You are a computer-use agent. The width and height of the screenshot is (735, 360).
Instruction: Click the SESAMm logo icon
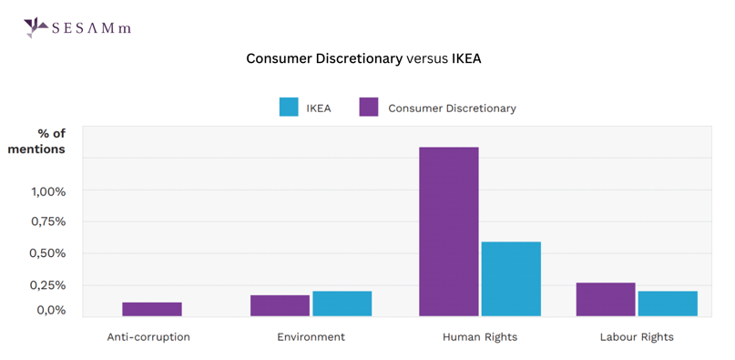[36, 27]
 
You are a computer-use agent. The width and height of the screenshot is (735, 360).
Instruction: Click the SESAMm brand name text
[92, 28]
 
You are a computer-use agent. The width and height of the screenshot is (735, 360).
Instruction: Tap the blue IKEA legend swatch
[289, 108]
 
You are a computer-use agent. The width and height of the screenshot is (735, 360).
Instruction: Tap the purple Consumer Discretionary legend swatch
[368, 108]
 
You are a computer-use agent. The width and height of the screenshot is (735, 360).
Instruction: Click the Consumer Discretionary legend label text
[452, 108]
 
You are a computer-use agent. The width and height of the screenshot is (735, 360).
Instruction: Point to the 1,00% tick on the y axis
[49, 191]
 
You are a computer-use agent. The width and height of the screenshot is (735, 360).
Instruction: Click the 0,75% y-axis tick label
[49, 221]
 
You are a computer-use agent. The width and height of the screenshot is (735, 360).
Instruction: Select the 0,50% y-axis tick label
[49, 253]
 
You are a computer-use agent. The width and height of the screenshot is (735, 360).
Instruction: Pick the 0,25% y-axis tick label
[49, 284]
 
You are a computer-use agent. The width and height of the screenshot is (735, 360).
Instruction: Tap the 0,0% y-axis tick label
[51, 310]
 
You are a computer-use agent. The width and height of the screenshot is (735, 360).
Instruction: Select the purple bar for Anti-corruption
[152, 309]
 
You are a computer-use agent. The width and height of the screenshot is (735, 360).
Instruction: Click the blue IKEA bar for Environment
[342, 303]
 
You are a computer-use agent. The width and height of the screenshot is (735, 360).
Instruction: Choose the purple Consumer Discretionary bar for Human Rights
[448, 231]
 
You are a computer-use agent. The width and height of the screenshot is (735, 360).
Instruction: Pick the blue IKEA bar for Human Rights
[511, 279]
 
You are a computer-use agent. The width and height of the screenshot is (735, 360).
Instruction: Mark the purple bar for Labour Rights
[606, 299]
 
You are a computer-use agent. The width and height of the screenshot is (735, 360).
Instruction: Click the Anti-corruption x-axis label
[148, 337]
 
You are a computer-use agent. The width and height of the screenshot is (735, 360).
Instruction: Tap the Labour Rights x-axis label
[637, 337]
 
